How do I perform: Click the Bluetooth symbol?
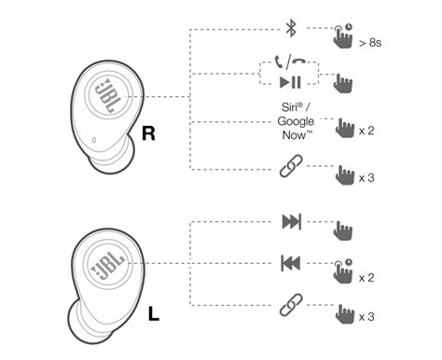291,29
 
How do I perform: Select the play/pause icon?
291,82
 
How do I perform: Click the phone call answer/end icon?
291,63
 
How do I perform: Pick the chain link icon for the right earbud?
291,169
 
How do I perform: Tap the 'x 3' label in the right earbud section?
366,176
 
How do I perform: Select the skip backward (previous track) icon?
291,264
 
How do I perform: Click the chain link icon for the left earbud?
291,305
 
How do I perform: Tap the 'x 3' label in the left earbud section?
366,317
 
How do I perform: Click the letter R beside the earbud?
147,134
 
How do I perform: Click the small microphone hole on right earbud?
95,142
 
